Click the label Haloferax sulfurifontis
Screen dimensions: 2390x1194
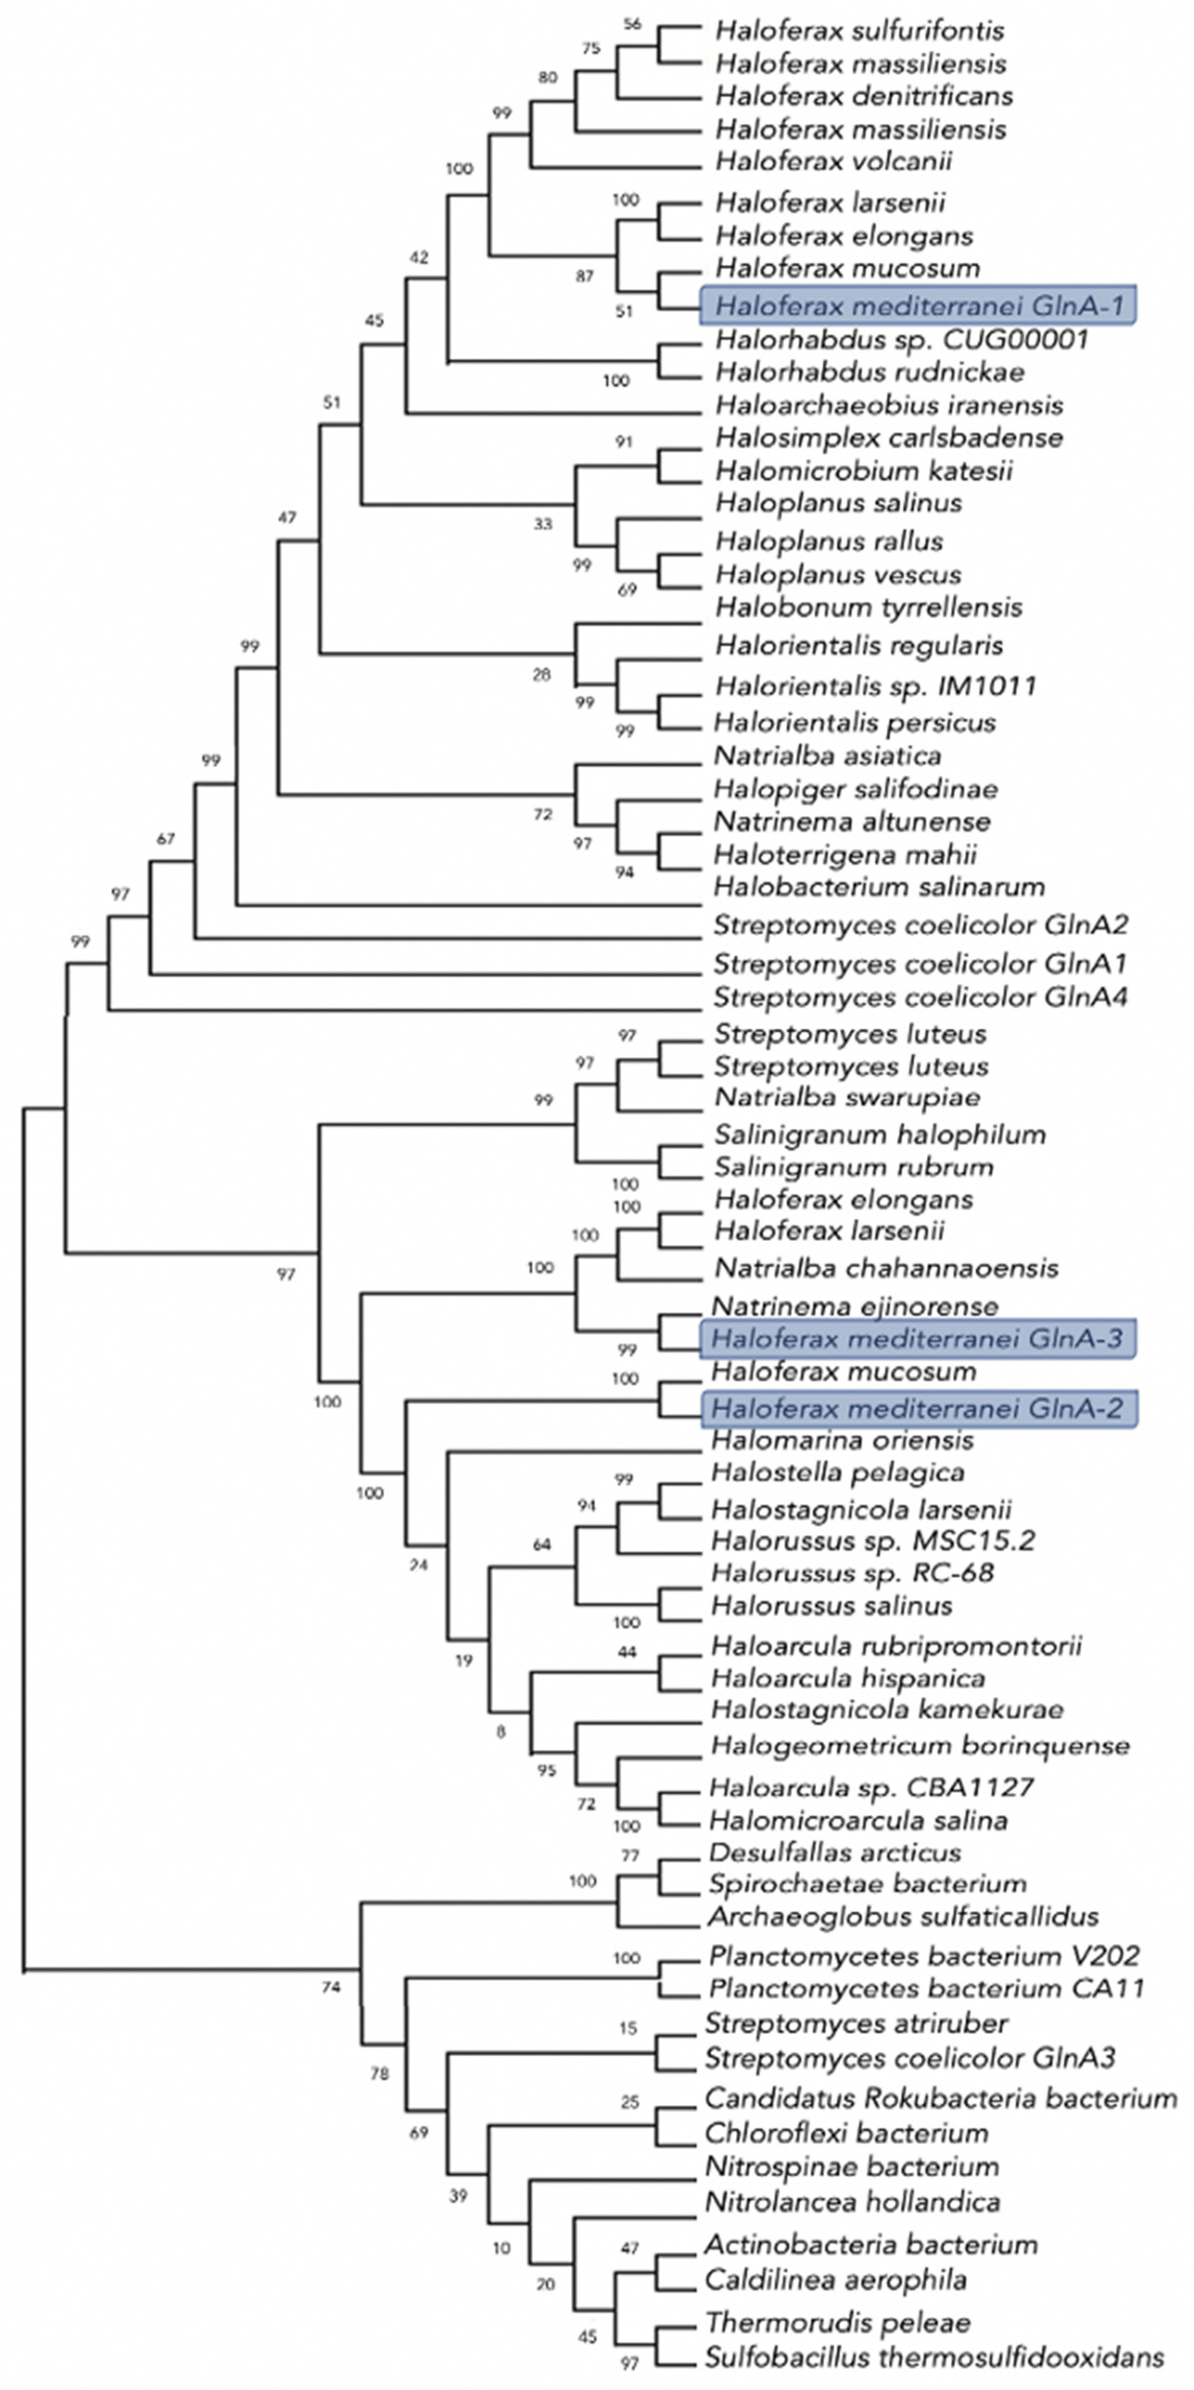click(x=859, y=31)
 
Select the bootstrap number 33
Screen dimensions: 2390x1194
click(x=543, y=524)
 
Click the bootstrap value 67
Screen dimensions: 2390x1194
click(x=165, y=839)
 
